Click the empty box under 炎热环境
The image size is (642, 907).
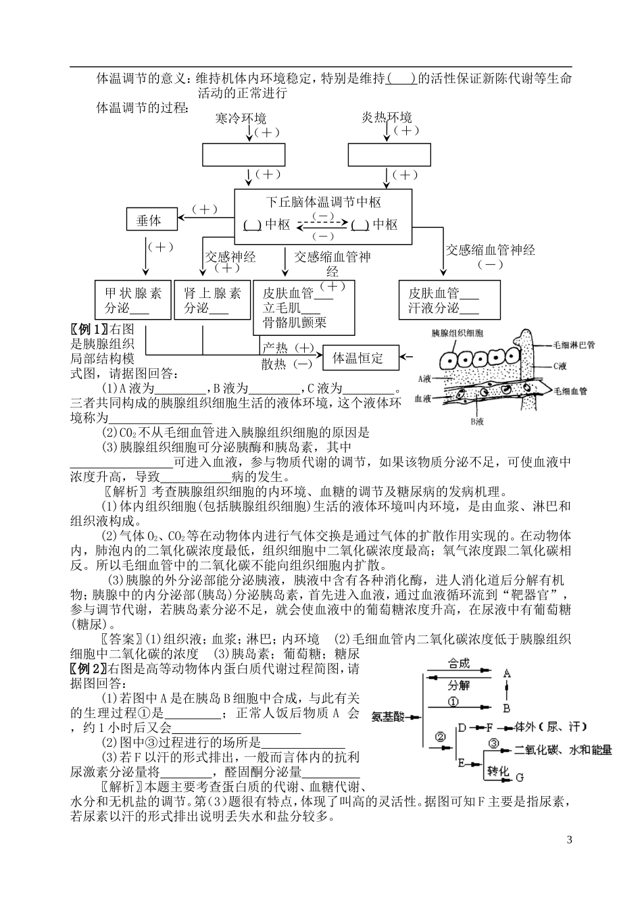(389, 155)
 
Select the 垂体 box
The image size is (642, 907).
(149, 220)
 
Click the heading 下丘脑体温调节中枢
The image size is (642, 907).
(324, 202)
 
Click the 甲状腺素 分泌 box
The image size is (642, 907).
(133, 301)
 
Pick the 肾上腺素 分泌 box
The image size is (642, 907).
(212, 301)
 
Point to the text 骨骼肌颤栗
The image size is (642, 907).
(295, 322)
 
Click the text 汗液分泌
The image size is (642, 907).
(433, 308)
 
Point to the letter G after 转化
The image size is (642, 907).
(520, 777)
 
